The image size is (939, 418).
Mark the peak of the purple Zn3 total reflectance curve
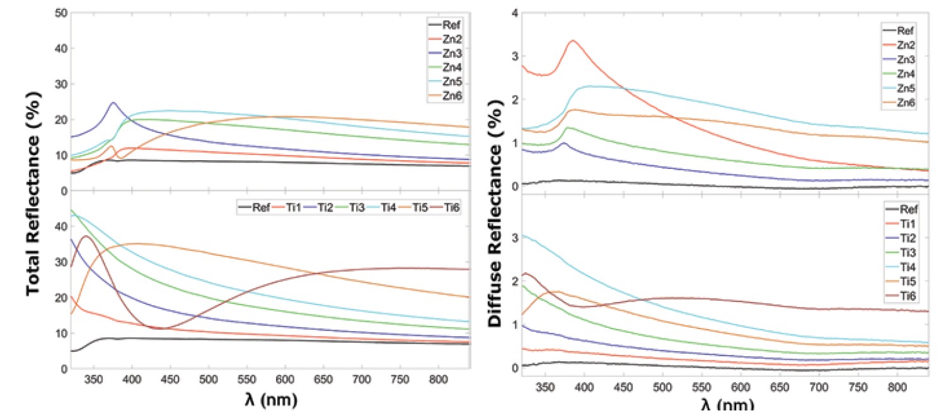113,103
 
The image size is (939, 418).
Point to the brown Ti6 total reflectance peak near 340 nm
87,236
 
